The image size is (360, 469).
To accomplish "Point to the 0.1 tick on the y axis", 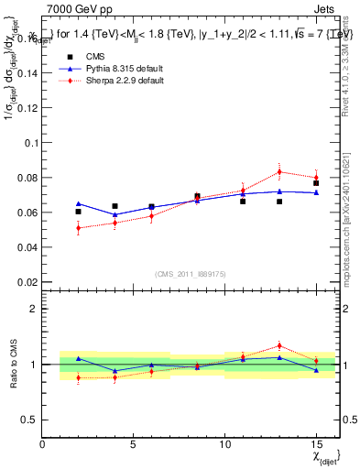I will [30, 143].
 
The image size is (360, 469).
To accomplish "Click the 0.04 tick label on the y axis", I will [27, 247].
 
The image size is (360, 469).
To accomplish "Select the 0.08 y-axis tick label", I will [27, 178].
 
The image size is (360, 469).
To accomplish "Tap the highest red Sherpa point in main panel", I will [279, 171].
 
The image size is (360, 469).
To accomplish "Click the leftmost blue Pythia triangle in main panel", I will [79, 203].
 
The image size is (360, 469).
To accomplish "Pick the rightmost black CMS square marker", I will [316, 183].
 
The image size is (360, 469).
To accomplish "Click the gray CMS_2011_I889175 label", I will [189, 273].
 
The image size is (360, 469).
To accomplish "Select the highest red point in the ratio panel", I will [279, 345].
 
